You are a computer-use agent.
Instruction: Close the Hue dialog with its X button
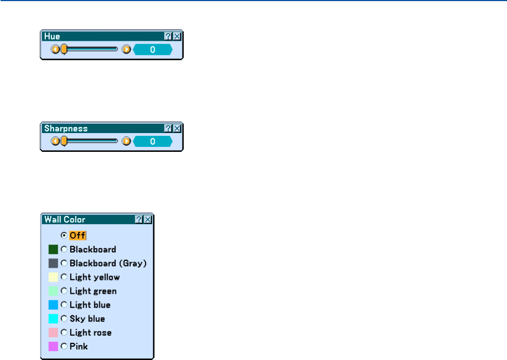177,36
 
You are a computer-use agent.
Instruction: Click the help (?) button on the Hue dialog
168,36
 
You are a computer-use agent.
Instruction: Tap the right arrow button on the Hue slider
126,49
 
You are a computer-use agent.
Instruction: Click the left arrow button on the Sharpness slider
55,141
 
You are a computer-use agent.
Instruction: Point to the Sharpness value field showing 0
153,141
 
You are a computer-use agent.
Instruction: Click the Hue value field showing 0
153,49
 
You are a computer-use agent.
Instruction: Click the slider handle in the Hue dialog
64,49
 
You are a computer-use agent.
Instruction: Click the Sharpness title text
66,128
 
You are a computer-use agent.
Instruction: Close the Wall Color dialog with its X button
148,220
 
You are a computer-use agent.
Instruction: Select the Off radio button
64,235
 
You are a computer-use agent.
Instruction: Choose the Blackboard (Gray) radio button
64,263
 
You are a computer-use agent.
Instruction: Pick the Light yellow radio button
64,277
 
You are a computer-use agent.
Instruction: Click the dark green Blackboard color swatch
53,250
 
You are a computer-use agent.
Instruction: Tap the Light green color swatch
53,291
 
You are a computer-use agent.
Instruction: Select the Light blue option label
89,305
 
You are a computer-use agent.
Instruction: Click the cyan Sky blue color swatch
53,319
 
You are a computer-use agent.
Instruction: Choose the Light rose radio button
64,332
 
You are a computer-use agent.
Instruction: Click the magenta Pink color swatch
53,346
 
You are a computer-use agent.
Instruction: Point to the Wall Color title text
65,220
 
